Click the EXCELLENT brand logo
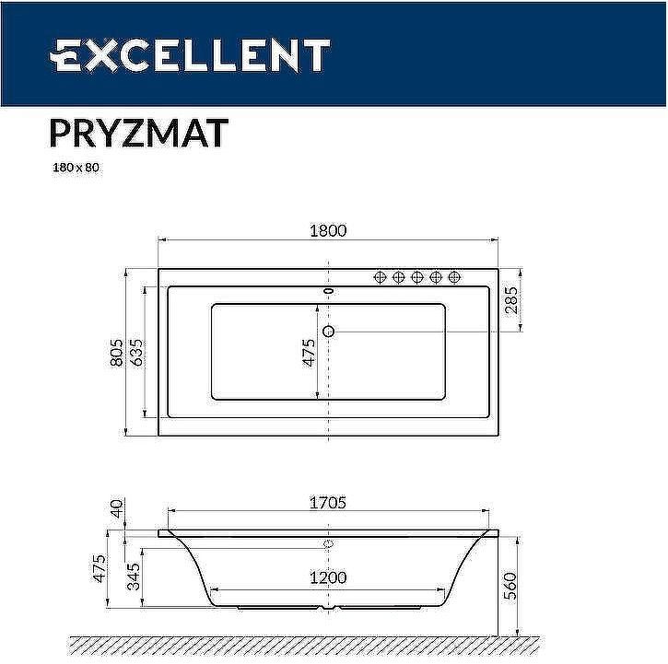(189, 55)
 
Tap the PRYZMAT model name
(137, 134)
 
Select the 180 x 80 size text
(74, 170)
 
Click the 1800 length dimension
(327, 231)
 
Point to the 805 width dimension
(117, 351)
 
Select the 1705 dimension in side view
(327, 503)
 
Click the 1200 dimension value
(327, 577)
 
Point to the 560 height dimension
(512, 584)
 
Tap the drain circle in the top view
(328, 331)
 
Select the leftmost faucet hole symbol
(379, 277)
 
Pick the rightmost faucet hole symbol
(454, 277)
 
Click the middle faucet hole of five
(416, 277)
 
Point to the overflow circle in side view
(328, 544)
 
